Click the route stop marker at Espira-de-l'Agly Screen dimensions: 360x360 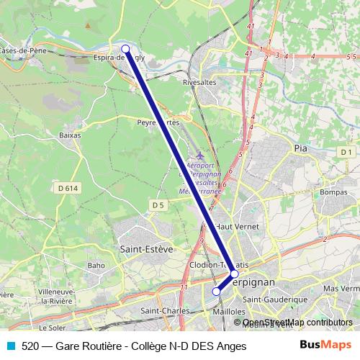click(x=125, y=49)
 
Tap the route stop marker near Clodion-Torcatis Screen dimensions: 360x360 click(x=234, y=274)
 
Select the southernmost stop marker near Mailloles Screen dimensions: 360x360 click(x=216, y=291)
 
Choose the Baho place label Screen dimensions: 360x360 click(x=96, y=265)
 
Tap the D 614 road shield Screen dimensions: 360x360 click(x=66, y=188)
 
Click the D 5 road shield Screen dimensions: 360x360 click(x=158, y=205)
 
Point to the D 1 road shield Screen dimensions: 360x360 click(x=346, y=152)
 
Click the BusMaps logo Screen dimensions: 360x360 click(x=325, y=346)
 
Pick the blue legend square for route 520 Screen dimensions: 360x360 click(x=9, y=346)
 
